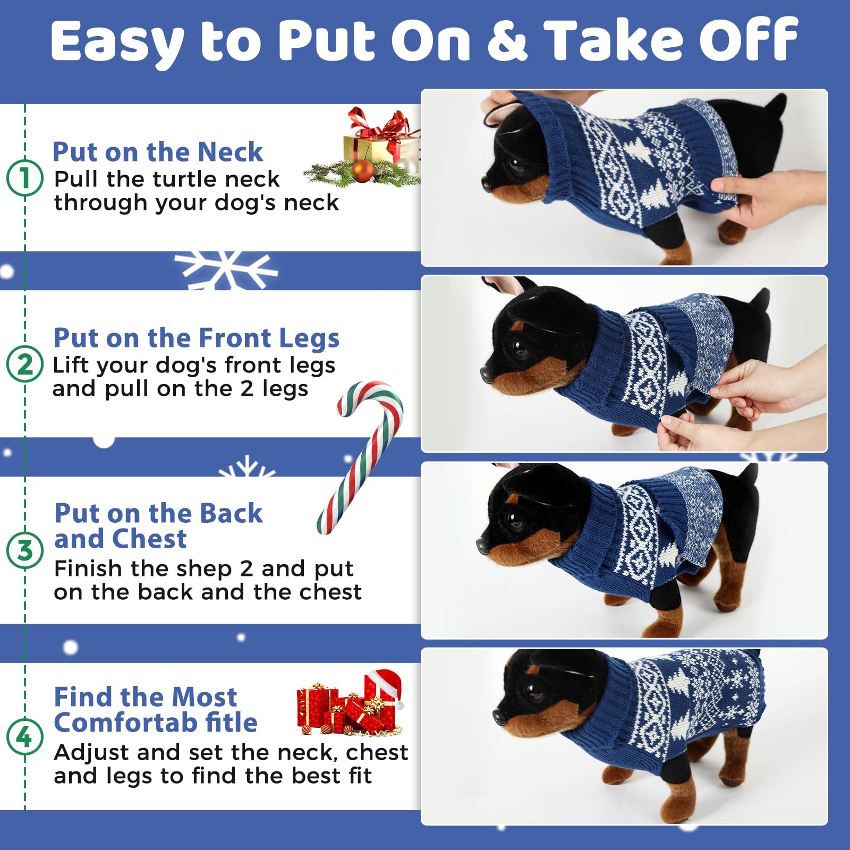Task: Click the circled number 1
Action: [x=24, y=177]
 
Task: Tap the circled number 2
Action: [x=24, y=364]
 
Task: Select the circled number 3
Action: [x=24, y=550]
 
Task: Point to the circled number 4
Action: [x=24, y=737]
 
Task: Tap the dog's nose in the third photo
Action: [x=482, y=544]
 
